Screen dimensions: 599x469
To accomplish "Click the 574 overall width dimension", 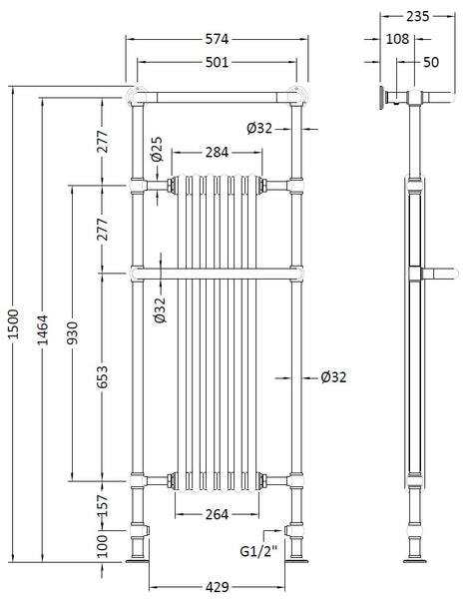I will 217,39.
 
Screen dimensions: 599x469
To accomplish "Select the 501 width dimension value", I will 217,62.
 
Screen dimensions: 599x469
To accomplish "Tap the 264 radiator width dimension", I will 217,515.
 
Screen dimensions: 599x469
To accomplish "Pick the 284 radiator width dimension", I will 217,152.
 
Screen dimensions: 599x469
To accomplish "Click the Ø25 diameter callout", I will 158,153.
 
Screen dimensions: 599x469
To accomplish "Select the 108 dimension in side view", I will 397,39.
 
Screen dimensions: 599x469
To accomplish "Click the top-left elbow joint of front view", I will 136,97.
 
